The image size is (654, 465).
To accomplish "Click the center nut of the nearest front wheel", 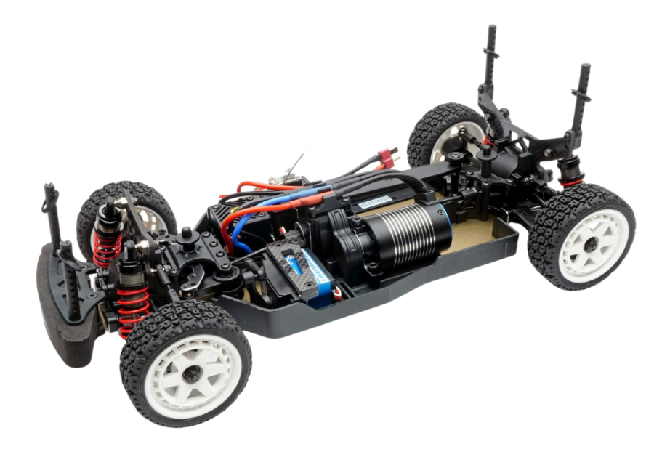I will (192, 374).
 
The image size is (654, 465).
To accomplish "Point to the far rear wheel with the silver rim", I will (443, 138).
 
